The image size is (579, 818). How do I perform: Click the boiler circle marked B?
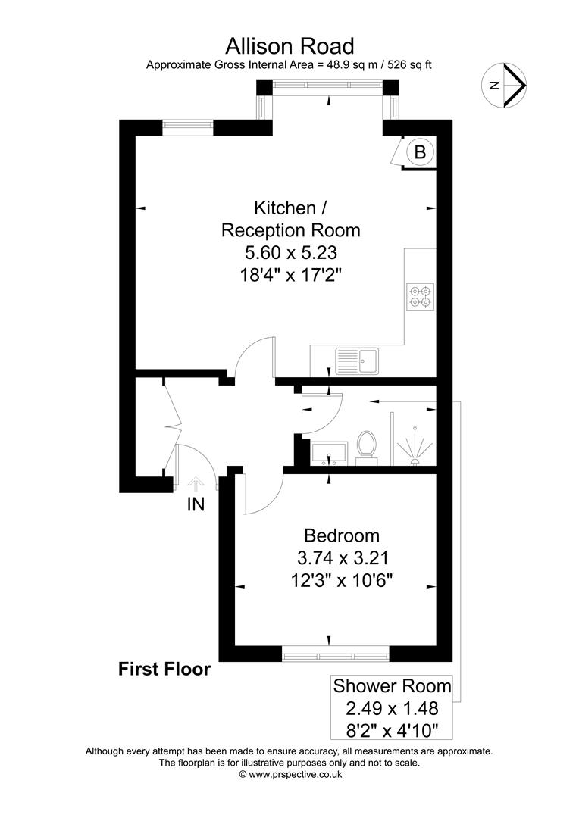pos(421,152)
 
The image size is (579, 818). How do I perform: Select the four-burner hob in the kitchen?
pos(421,296)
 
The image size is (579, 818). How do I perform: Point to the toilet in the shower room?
pos(367,445)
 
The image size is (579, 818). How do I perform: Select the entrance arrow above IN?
pos(196,485)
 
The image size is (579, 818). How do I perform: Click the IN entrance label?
pos(196,504)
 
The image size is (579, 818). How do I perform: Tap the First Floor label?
pos(164,669)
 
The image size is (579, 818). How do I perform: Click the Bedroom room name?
pos(341,536)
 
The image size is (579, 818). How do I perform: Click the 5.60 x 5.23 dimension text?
pos(290,251)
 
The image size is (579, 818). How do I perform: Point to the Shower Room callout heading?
pos(393,687)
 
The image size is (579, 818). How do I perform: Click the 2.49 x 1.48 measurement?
pos(393,710)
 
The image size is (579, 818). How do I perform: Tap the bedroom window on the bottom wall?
pos(335,653)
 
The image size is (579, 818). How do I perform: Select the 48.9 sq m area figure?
pos(343,65)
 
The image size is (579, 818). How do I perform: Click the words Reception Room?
pos(290,229)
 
